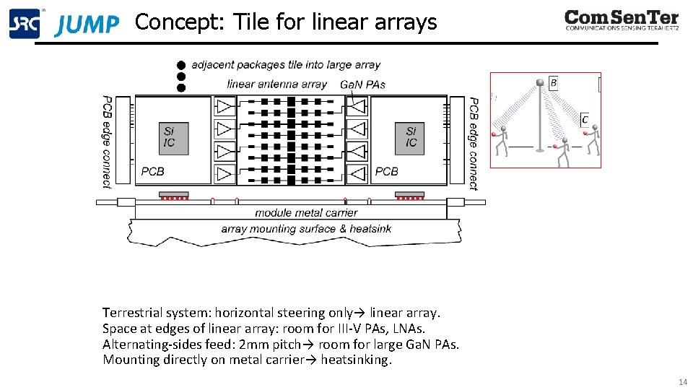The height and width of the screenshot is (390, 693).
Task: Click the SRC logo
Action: pos(24,24)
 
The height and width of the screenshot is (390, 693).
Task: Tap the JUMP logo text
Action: pos(87,25)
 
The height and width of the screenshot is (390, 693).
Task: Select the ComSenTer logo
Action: pos(622,20)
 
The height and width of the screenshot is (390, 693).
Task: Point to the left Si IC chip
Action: pos(169,137)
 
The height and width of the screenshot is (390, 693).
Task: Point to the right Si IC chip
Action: pos(411,137)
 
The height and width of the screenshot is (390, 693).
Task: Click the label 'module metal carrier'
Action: pos(306,213)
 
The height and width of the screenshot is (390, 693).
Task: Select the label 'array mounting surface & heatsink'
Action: pos(306,229)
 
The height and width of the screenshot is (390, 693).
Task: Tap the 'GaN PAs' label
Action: pos(362,84)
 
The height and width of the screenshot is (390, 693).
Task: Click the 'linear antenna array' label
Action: pos(277,84)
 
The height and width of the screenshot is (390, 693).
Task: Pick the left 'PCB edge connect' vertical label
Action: pos(107,142)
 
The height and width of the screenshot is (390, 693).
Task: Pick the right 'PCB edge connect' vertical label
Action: pos(474,143)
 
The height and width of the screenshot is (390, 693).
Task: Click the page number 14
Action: pos(682,381)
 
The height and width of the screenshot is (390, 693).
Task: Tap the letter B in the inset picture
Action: pos(554,83)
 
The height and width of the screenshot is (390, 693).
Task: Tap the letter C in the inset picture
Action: pos(585,119)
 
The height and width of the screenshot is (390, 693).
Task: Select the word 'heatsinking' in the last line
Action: pos(355,360)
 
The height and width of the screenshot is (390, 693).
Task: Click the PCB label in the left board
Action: pos(152,172)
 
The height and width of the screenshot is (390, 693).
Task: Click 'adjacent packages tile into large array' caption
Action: pos(286,65)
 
